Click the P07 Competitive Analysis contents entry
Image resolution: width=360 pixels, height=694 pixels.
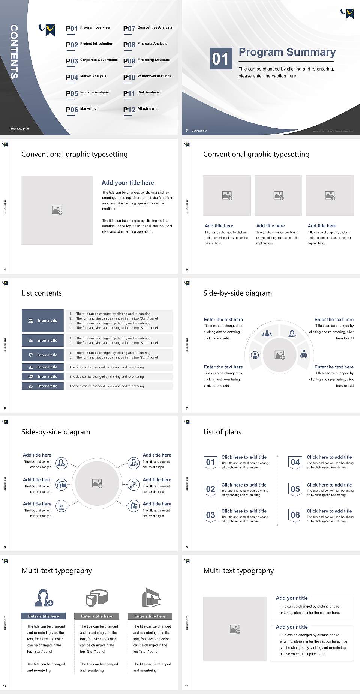[147, 29]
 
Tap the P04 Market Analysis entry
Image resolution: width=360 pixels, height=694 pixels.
[86, 77]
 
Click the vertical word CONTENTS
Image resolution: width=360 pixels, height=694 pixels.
[14, 52]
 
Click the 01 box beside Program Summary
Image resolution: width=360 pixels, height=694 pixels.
[220, 59]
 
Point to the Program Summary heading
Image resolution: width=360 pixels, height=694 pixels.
[287, 52]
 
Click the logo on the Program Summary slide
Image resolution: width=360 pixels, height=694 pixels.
[347, 14]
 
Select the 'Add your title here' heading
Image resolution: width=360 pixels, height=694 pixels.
[127, 183]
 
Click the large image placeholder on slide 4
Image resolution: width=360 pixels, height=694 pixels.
[57, 210]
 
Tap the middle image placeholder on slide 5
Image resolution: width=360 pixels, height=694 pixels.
[278, 195]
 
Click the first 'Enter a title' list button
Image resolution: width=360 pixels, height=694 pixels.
[43, 321]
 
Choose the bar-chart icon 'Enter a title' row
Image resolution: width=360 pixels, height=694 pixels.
[43, 367]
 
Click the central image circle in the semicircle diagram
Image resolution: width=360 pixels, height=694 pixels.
[279, 355]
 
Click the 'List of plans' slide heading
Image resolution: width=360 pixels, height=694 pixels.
[222, 432]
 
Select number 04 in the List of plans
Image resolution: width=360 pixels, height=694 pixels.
[295, 462]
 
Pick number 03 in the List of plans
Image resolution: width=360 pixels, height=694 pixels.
[211, 515]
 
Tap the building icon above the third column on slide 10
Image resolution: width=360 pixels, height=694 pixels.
[151, 598]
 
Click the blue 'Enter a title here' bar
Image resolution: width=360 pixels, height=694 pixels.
[43, 616]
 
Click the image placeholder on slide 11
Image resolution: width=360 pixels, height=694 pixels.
[235, 629]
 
